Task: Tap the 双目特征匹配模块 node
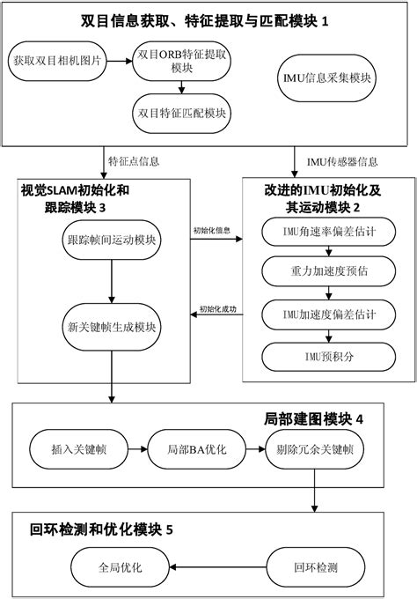click(181, 113)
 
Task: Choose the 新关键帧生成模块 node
click(111, 325)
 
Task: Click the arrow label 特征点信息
click(134, 161)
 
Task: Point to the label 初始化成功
click(217, 308)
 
